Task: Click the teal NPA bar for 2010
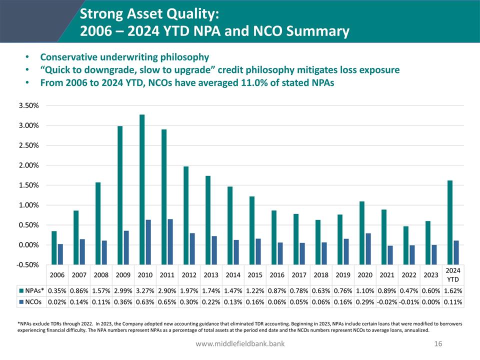click(x=142, y=180)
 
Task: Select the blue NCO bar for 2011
click(x=170, y=232)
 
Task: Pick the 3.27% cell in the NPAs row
click(x=145, y=290)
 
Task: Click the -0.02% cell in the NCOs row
click(x=387, y=302)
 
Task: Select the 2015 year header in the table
click(x=255, y=275)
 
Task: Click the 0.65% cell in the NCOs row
click(x=167, y=302)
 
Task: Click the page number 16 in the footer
click(x=438, y=344)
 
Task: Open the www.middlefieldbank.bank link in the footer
click(x=240, y=344)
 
